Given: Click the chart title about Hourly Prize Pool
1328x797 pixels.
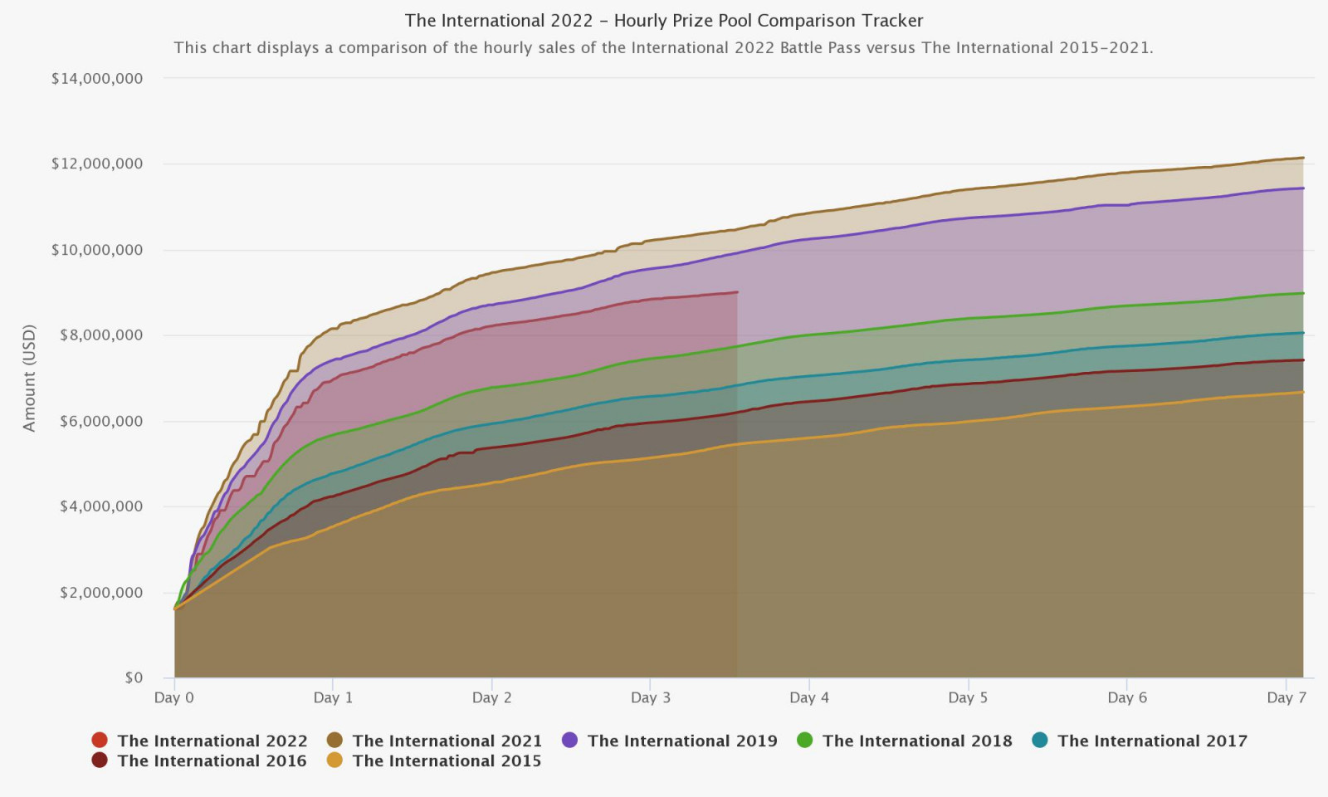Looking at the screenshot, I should click(663, 21).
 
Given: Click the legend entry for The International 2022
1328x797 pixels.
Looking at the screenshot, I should click(212, 741).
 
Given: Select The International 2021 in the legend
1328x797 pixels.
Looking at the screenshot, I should click(447, 741).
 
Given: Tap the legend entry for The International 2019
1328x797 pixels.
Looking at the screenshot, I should click(681, 741).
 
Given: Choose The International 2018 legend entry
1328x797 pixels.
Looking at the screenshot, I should click(916, 741).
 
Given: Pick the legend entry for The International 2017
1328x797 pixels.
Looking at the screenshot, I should click(1151, 741).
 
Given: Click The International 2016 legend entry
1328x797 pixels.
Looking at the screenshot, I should click(212, 760).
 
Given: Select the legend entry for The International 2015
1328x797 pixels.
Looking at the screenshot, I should click(447, 760).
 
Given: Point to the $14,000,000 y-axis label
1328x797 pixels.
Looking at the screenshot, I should click(97, 79).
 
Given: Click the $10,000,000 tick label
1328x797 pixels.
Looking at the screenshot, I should click(97, 250).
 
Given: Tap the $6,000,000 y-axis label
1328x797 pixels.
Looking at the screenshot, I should click(101, 421).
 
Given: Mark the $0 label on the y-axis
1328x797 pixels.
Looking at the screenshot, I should click(134, 677).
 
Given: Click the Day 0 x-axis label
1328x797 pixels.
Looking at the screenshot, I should click(174, 697).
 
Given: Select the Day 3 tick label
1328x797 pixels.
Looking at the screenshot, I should click(651, 697).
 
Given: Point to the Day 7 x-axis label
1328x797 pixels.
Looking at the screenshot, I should click(1286, 697).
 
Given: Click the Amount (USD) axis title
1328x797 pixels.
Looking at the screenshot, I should click(30, 378).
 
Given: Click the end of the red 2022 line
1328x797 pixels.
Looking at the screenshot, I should click(737, 292).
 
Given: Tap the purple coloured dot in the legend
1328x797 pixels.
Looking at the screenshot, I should click(569, 740).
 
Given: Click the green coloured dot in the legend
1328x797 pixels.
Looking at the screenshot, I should click(804, 740).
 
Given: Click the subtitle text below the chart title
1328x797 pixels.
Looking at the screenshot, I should click(663, 47).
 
